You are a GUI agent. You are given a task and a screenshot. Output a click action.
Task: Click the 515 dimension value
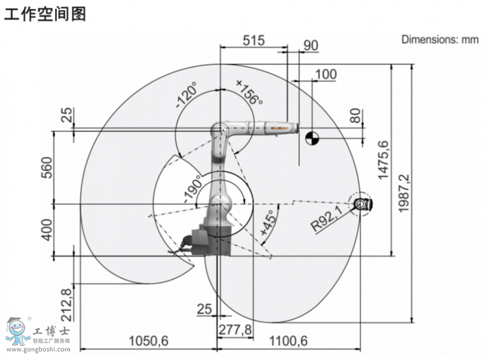pyautogui.click(x=253, y=41)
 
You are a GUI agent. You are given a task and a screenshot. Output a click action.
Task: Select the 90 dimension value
pyautogui.click(x=310, y=45)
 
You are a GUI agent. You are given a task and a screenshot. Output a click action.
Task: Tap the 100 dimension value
pyautogui.click(x=326, y=75)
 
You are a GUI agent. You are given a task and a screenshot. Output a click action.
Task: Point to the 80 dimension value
pyautogui.click(x=355, y=116)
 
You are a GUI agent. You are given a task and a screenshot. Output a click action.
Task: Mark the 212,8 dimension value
pyautogui.click(x=66, y=304)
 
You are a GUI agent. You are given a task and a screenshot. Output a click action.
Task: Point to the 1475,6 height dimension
pyautogui.click(x=383, y=159)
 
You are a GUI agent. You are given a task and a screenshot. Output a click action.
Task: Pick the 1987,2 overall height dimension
pyautogui.click(x=403, y=193)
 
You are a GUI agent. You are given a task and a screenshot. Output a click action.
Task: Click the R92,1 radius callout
pyautogui.click(x=327, y=219)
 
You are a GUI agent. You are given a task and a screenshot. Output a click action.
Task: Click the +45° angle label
pyautogui.click(x=267, y=223)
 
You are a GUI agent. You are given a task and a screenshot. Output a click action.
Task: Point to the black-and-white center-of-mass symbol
pyautogui.click(x=312, y=139)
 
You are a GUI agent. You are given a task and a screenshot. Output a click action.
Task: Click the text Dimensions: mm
pyautogui.click(x=440, y=39)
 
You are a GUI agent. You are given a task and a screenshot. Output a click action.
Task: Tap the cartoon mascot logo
pyautogui.click(x=17, y=331)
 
